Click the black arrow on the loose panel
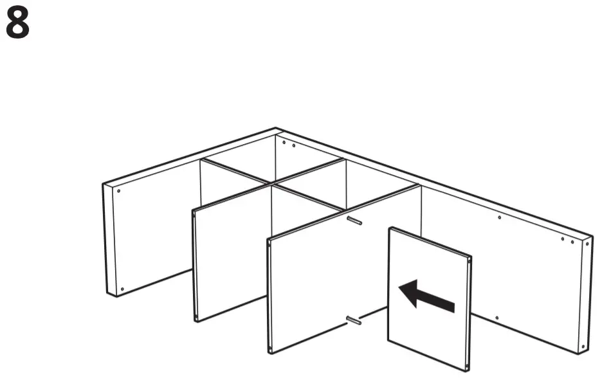tap(426, 296)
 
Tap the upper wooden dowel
tap(353, 221)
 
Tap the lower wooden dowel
tap(353, 320)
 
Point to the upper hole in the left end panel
tap(120, 190)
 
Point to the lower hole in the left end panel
tap(122, 289)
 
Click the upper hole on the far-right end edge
tap(586, 243)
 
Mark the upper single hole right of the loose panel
tap(500, 217)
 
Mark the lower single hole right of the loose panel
tap(496, 318)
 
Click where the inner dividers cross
tap(273, 185)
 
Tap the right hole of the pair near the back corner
tap(294, 145)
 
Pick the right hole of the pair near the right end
tap(572, 242)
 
